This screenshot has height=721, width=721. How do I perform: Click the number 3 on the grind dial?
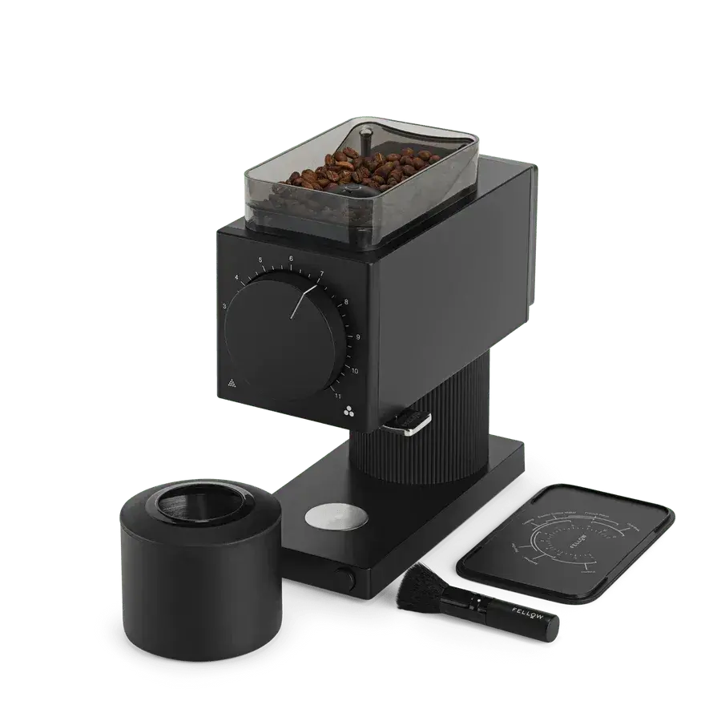[225, 306]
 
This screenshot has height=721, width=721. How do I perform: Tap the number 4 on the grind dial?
[237, 278]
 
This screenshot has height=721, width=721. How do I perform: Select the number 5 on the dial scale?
[261, 261]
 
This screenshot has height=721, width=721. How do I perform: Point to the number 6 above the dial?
[291, 260]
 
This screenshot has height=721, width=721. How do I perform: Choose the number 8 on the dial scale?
[345, 304]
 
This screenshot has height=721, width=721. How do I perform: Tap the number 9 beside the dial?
[356, 337]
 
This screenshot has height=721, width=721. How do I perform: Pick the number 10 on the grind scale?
[353, 370]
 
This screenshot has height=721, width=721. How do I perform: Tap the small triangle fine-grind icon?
[232, 381]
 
